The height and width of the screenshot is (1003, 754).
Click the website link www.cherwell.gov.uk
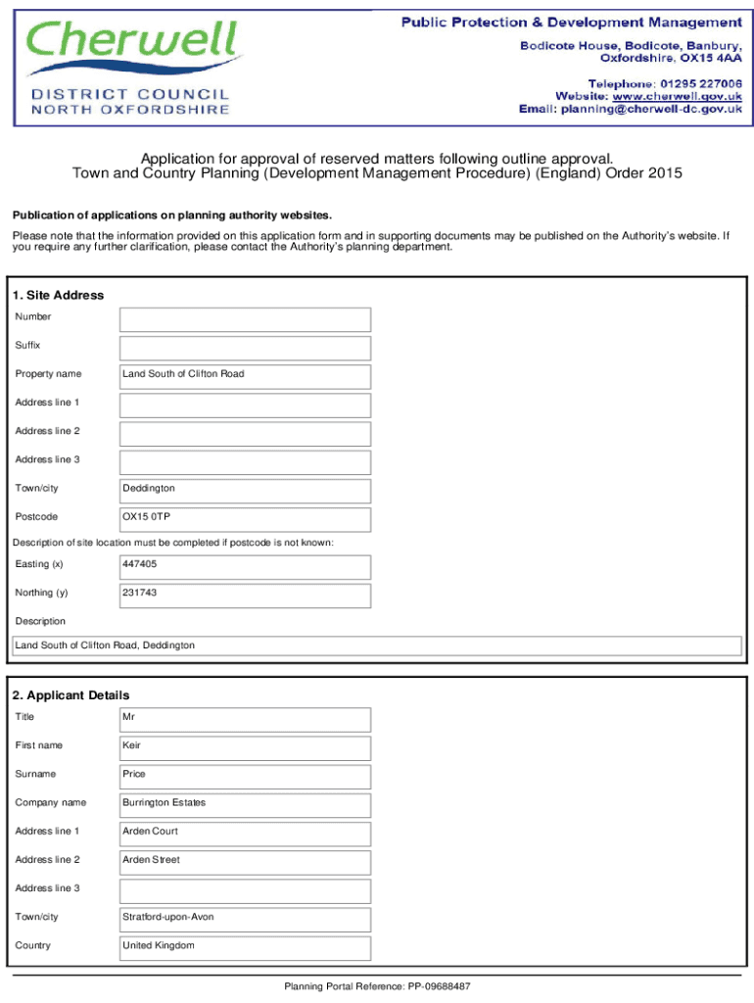tap(677, 96)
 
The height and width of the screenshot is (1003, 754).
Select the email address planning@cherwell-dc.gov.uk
tap(650, 110)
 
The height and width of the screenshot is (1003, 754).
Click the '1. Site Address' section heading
tap(58, 295)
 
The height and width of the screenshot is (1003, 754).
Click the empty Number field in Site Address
tap(245, 319)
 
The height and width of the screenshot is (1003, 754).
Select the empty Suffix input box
tap(245, 348)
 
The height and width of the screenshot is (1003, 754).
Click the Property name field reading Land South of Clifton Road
tap(245, 376)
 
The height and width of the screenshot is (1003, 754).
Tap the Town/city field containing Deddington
tap(245, 490)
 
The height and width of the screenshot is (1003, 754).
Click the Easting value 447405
tap(139, 565)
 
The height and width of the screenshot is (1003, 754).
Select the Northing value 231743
tap(139, 594)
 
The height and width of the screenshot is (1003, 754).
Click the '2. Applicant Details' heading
tap(71, 695)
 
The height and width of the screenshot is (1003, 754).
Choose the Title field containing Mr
tap(245, 719)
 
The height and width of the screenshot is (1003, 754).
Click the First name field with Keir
tap(245, 747)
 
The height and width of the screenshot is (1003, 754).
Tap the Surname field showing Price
tap(245, 776)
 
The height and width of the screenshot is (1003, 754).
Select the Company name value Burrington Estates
tap(164, 803)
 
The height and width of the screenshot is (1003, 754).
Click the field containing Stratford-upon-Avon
tap(245, 919)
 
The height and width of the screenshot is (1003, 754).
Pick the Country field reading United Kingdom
tap(245, 947)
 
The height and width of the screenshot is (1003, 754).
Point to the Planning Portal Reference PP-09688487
tap(377, 986)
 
